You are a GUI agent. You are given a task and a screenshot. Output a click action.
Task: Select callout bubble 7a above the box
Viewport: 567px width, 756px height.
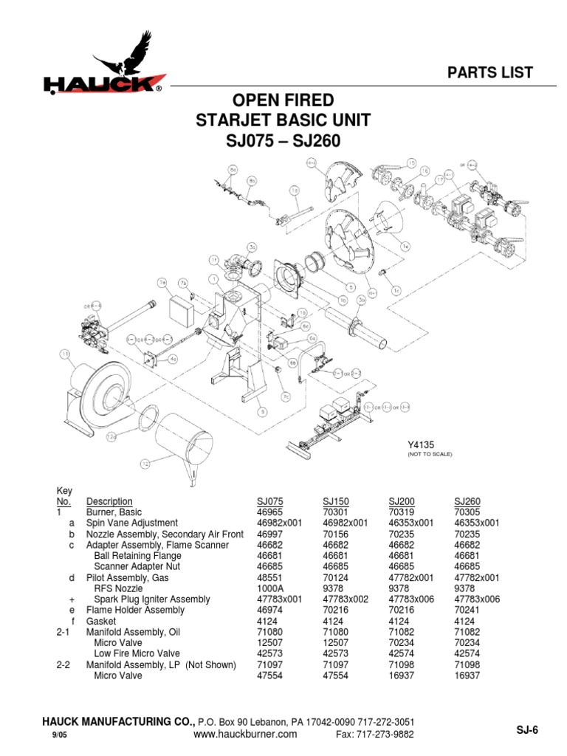click(x=162, y=281)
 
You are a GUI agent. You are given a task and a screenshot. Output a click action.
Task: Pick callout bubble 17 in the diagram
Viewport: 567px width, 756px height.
click(x=439, y=178)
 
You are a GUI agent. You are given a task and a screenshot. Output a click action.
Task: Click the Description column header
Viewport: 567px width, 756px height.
click(x=109, y=501)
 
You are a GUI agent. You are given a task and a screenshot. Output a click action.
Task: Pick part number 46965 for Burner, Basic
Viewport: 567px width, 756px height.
click(x=269, y=512)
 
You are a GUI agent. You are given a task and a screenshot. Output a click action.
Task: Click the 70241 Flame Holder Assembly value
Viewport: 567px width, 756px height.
click(x=467, y=610)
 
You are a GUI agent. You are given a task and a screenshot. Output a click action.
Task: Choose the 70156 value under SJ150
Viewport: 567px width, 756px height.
click(x=335, y=534)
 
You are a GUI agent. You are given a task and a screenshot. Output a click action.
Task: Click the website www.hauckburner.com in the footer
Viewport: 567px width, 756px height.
click(x=245, y=734)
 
